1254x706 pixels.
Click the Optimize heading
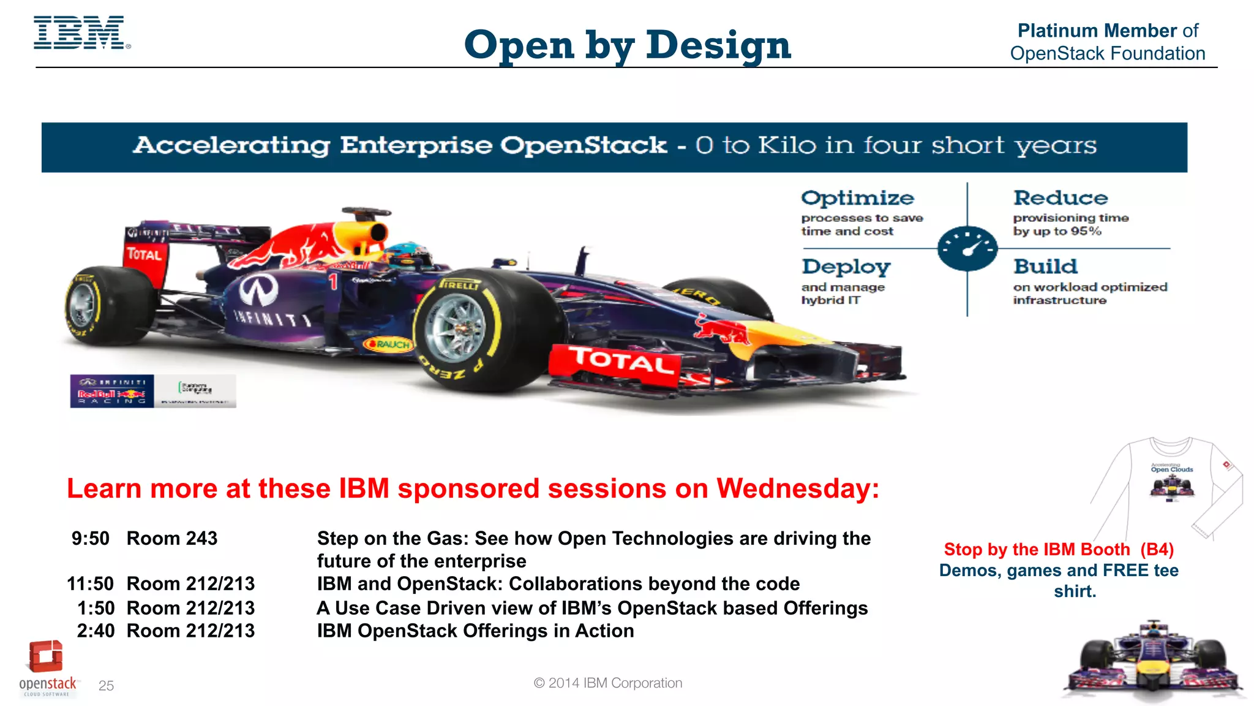(x=857, y=198)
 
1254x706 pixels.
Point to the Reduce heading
(x=1061, y=198)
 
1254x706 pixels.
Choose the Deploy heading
(x=846, y=267)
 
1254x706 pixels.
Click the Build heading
(x=1045, y=267)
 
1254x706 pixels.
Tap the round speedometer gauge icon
(x=967, y=248)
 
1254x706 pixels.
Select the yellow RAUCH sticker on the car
(x=388, y=344)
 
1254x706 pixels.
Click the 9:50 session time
(x=90, y=539)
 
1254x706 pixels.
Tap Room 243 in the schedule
(x=171, y=539)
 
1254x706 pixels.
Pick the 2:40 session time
(x=95, y=631)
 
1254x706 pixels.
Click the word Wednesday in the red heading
(x=797, y=489)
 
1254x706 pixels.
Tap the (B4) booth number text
(x=1157, y=550)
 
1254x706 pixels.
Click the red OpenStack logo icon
(x=45, y=656)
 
